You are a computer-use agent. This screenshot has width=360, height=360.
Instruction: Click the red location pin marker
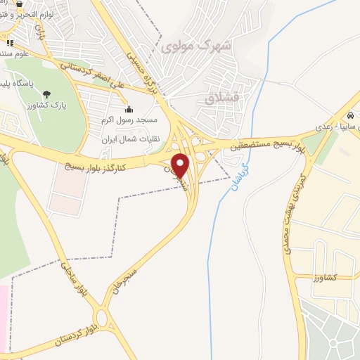pos(181,166)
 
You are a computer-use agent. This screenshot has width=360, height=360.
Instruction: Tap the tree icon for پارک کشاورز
pos(46,94)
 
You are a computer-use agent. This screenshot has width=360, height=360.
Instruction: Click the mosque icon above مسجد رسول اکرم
pos(129,110)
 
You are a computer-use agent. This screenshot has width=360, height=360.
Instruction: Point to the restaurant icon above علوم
pos(10,43)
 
